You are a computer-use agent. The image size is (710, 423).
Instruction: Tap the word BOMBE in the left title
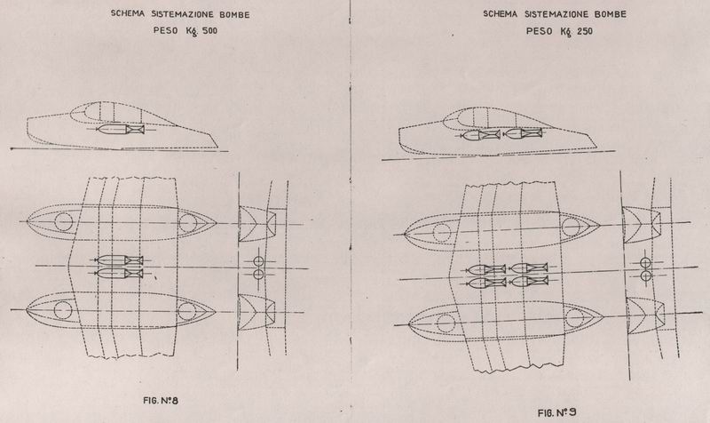tap(234, 14)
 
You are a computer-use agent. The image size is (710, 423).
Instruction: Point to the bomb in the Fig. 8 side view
tap(120, 130)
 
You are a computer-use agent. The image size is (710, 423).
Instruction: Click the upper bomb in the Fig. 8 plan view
tap(119, 259)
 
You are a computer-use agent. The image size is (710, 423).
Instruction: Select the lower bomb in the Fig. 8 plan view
tap(119, 274)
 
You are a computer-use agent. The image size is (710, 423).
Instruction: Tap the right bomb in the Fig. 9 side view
tap(523, 133)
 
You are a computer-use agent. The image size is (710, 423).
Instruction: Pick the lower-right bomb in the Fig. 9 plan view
tap(529, 281)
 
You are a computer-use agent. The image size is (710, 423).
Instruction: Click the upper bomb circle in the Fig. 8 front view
tap(258, 261)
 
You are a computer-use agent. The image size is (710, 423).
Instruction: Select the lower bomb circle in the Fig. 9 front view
tap(646, 275)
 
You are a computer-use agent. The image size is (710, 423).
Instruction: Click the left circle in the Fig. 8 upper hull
tap(63, 222)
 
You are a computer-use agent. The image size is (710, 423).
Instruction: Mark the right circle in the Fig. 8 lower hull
tap(186, 310)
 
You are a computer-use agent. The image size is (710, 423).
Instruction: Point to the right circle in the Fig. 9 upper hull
tap(571, 227)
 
